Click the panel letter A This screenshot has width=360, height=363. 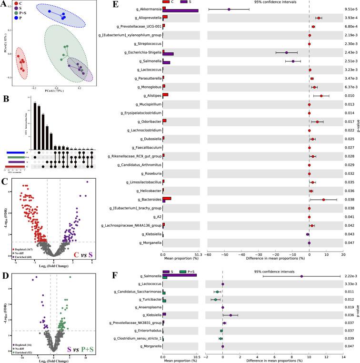point(4,5)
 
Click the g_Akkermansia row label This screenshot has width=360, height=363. point(146,9)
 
